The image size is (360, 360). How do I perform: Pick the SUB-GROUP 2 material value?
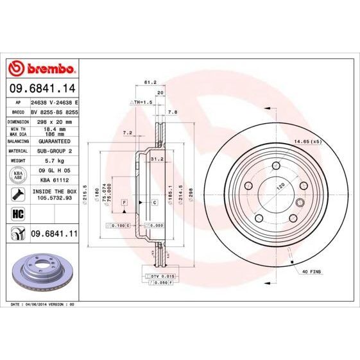click(x=53, y=150)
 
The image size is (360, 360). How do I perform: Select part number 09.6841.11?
click(x=53, y=235)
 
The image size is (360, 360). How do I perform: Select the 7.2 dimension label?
click(x=127, y=133)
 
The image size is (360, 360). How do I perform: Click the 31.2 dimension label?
click(x=156, y=159)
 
